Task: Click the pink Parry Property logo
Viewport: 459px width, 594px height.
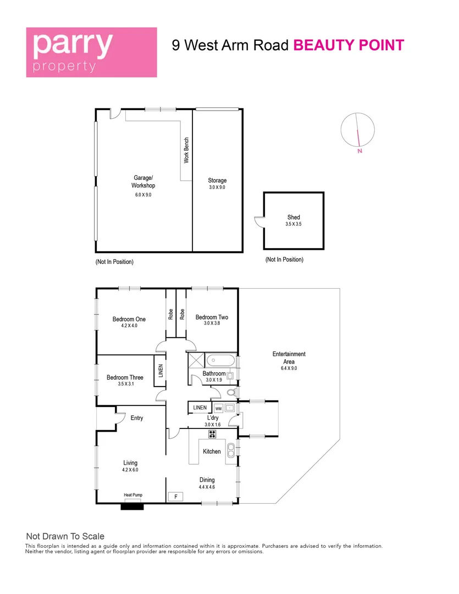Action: click(x=92, y=52)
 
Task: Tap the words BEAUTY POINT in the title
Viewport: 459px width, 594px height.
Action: click(x=349, y=45)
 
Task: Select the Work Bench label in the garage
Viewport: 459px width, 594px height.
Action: click(x=186, y=150)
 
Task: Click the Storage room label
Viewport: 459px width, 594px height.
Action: click(x=217, y=180)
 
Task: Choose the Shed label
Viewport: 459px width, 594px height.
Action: click(x=294, y=217)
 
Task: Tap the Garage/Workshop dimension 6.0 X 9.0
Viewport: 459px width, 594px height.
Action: click(x=143, y=195)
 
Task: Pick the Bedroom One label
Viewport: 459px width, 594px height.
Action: click(x=129, y=320)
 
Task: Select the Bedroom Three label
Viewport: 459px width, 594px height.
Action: click(x=125, y=378)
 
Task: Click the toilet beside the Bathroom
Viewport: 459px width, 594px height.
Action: click(x=231, y=392)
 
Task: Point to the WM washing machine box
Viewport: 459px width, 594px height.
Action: click(x=218, y=408)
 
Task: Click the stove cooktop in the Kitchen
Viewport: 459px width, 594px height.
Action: click(x=212, y=434)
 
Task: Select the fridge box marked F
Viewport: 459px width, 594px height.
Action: click(x=175, y=497)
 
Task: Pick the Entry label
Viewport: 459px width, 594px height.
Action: click(x=137, y=418)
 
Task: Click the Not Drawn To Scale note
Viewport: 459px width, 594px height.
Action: click(x=65, y=536)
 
